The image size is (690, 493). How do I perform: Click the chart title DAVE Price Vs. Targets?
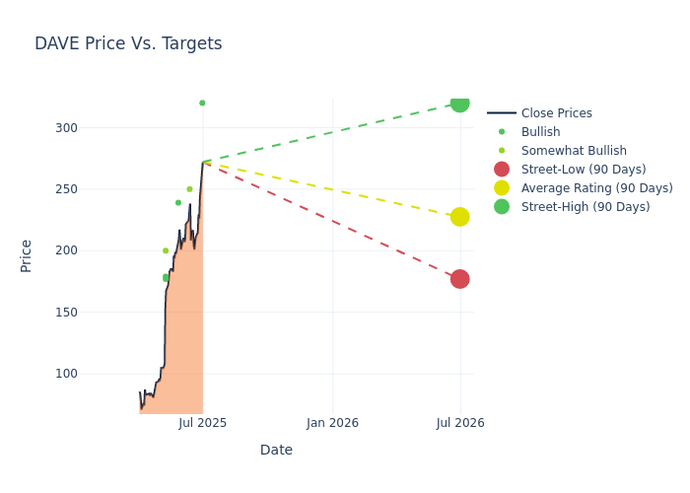pos(128,43)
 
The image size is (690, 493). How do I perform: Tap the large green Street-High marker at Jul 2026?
pos(459,103)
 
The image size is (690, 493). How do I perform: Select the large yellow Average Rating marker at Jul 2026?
pos(459,217)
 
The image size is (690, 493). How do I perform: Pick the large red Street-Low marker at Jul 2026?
pos(459,279)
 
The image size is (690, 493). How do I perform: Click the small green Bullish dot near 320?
pos(202,103)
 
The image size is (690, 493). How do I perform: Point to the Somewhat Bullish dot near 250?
pos(189,189)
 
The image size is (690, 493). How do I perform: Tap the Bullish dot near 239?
pos(178,203)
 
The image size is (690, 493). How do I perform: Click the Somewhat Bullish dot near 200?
pos(166,250)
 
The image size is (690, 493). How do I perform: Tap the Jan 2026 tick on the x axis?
pos(332,423)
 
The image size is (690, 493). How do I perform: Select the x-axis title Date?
pos(276,451)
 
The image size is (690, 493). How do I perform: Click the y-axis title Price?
pos(27,255)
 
